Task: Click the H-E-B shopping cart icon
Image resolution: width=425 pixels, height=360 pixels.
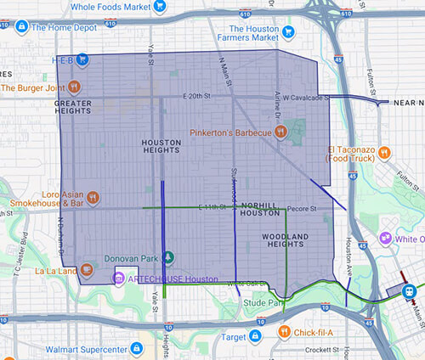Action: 82,59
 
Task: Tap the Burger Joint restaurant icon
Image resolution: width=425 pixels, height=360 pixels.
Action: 75,86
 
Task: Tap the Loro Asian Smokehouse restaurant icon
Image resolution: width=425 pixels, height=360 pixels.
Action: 92,198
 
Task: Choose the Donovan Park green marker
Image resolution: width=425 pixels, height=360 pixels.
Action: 168,257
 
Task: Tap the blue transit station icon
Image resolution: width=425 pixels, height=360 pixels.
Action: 411,289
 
